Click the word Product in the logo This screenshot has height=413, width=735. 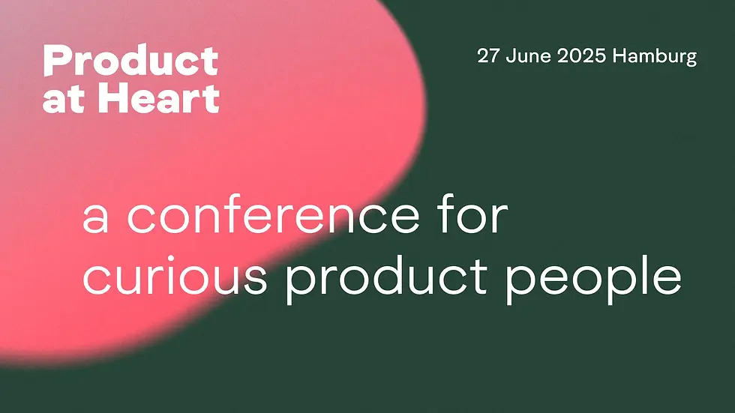point(130,61)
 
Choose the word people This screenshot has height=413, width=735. point(593,277)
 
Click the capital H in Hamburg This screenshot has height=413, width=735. point(620,56)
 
